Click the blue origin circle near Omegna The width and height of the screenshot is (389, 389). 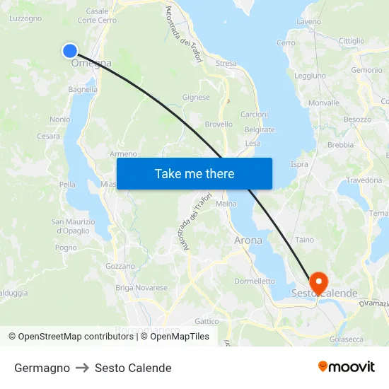coord(69,50)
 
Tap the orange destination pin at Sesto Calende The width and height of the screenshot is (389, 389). coord(318,282)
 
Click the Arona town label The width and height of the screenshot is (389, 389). coord(248,240)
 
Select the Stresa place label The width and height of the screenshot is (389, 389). coord(226,64)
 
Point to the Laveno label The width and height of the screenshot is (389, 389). coord(309,22)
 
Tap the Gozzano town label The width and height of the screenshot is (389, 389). coord(120,266)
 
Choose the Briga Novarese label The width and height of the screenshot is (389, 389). coord(141,288)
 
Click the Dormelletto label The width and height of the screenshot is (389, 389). coord(255,281)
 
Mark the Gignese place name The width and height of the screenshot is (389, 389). coord(196,98)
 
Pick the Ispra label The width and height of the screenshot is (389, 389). coord(299,164)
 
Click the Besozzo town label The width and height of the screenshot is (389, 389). coord(358,120)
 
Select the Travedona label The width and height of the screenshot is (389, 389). coord(364,180)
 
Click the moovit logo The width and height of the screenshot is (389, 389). coord(346,367)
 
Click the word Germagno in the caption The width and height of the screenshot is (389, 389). coord(42,368)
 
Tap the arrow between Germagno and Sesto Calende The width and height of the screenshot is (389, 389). coord(82,368)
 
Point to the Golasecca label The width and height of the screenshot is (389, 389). coord(347,339)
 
